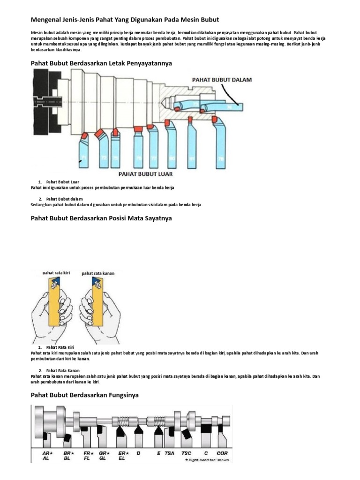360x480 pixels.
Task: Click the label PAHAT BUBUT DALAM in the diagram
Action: coord(222,80)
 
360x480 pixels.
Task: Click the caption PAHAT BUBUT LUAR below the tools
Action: coord(145,173)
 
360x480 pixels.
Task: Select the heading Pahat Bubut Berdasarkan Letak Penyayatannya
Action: coord(101,62)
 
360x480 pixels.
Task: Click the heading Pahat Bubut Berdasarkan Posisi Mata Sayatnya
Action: coord(101,218)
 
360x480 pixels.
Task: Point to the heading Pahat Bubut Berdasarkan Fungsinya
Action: coord(84,395)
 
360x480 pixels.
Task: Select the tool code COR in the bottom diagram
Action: coord(222,453)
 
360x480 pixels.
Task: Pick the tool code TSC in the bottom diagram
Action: coord(186,453)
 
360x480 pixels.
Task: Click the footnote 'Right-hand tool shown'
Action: coord(205,460)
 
